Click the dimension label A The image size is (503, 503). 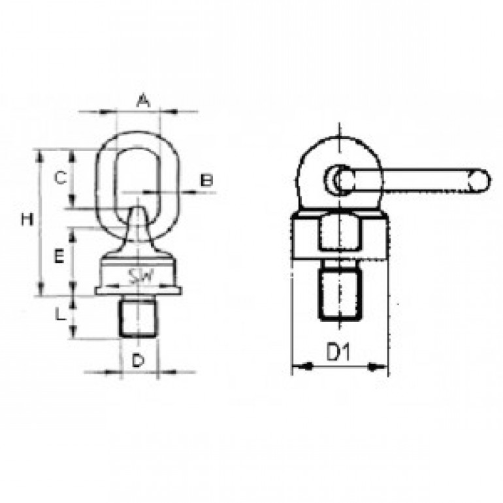[143, 101]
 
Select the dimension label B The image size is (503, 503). [206, 180]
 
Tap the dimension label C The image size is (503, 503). [60, 178]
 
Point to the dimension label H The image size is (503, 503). [27, 219]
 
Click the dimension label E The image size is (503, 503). [59, 257]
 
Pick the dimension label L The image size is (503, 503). [59, 315]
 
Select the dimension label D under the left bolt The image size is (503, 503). [138, 361]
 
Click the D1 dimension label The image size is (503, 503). [338, 351]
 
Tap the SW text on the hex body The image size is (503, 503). [140, 276]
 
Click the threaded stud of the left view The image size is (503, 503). [138, 317]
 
